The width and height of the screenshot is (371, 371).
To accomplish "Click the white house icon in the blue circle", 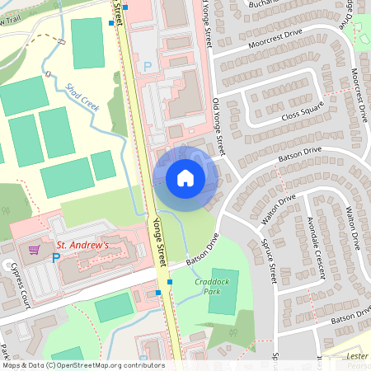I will (185, 177).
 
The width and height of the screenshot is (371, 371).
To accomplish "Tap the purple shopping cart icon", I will (35, 248).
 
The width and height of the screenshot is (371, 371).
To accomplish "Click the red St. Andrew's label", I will (82, 245).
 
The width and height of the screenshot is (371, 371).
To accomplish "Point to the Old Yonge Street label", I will (218, 125).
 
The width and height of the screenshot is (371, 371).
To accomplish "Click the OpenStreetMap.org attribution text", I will (110, 365).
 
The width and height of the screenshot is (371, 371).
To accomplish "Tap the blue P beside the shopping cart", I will (56, 258).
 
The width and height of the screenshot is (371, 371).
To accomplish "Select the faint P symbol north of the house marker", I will (148, 66).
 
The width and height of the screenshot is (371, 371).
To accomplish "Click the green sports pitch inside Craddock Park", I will (223, 291).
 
